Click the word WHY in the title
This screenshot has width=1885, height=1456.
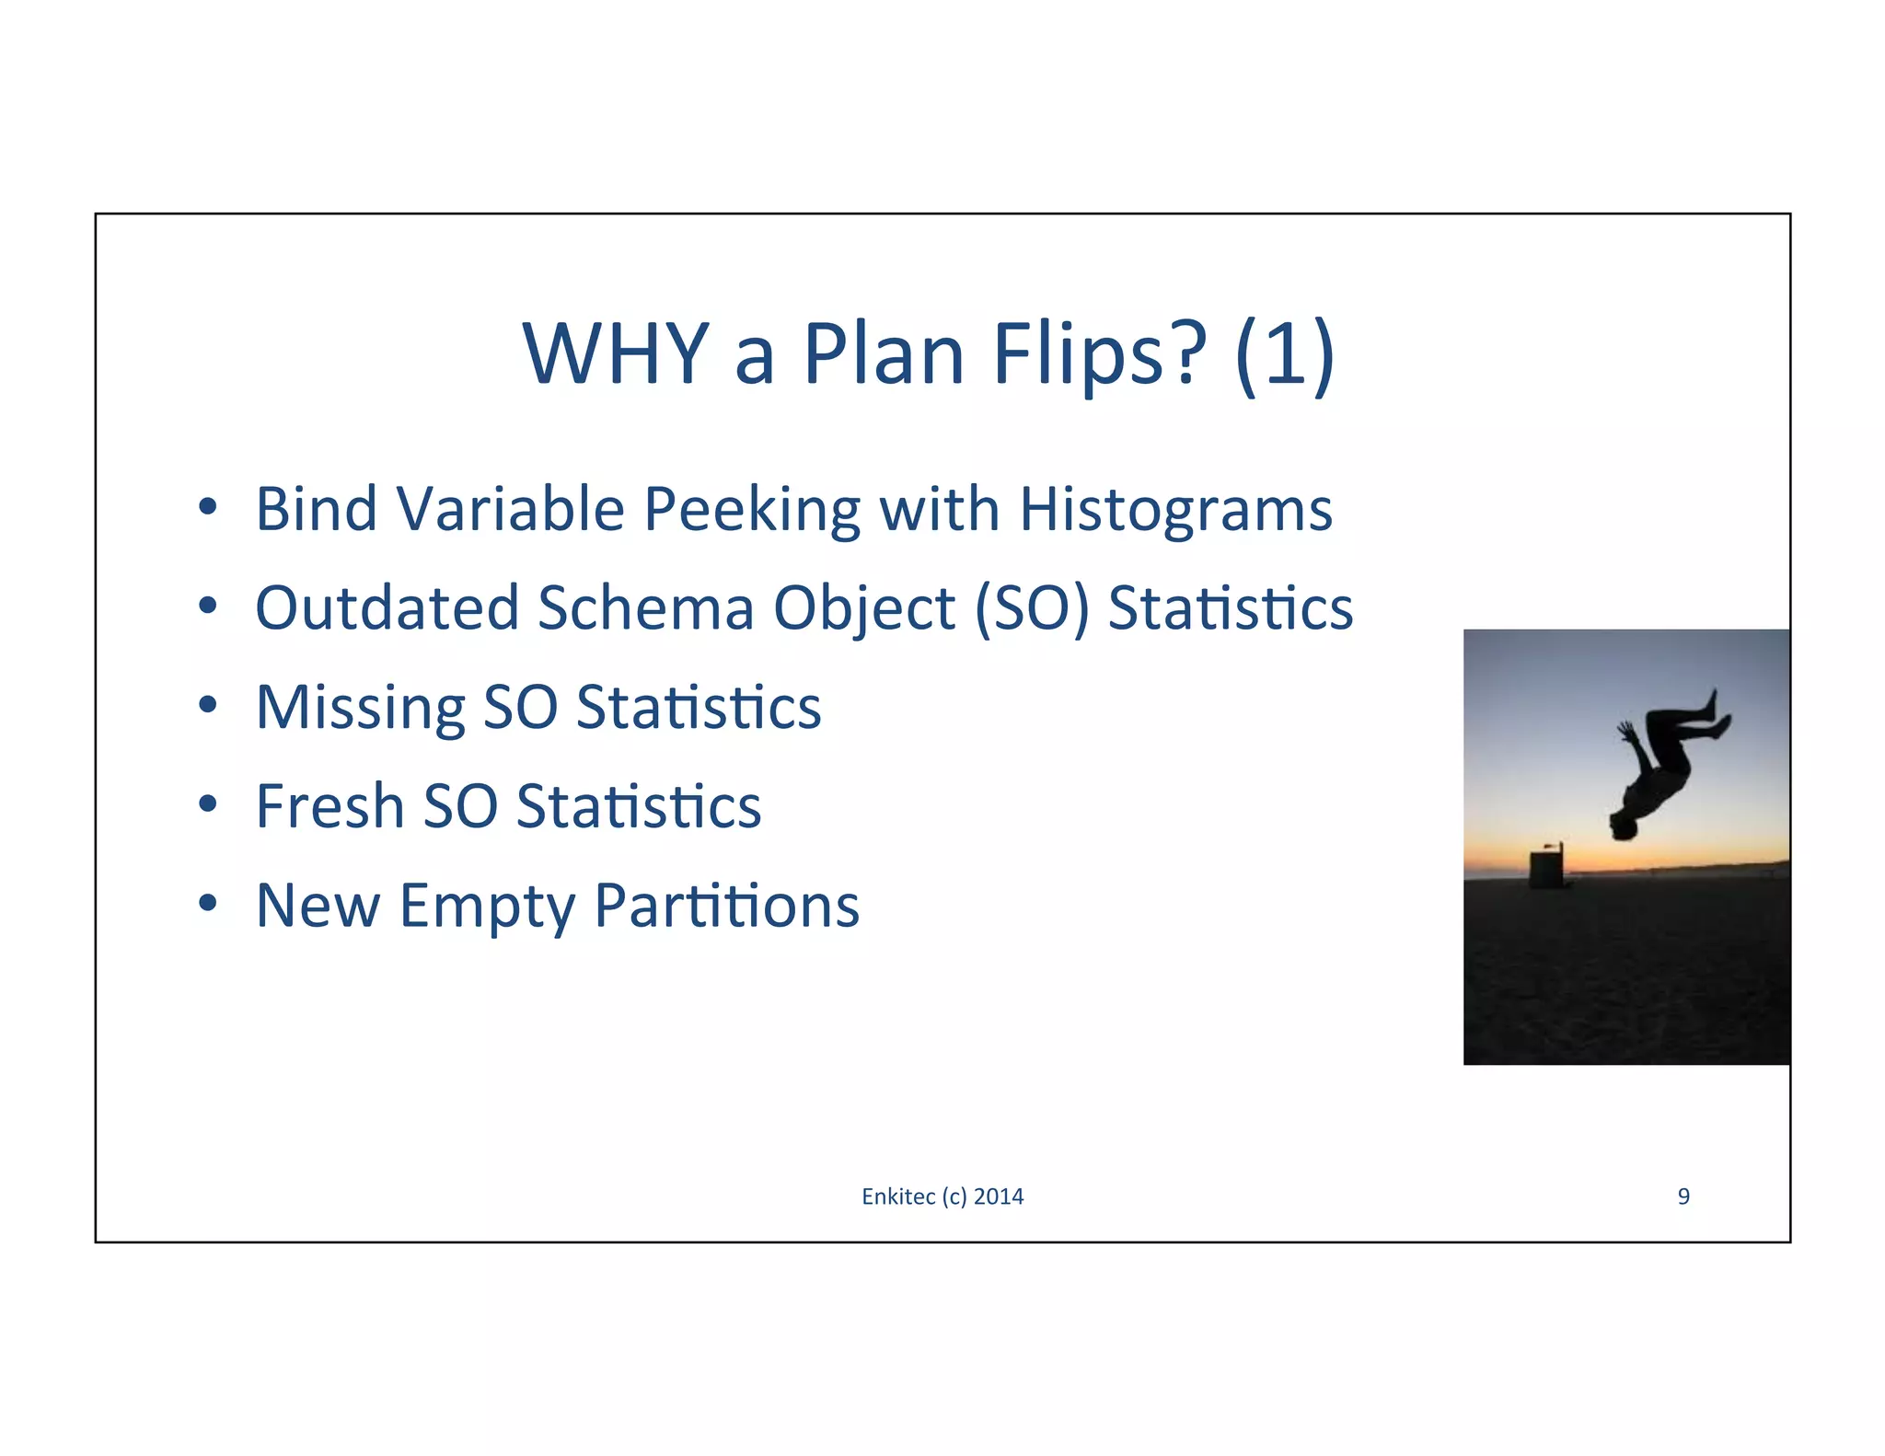click(x=615, y=354)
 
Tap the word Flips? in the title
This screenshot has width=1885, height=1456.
click(x=1100, y=354)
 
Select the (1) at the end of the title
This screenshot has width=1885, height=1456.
click(x=1285, y=354)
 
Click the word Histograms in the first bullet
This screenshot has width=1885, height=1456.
click(x=1175, y=509)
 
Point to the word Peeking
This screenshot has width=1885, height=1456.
click(x=751, y=509)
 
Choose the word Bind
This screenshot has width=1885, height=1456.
click(x=316, y=509)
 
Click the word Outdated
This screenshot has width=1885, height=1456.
click(x=387, y=608)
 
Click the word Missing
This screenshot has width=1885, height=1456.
click(x=360, y=708)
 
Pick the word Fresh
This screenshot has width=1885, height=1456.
click(x=329, y=806)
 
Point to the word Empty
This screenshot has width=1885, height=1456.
click(x=487, y=907)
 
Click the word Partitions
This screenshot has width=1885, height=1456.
click(x=727, y=906)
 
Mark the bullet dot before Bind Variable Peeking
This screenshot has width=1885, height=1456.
click(x=208, y=506)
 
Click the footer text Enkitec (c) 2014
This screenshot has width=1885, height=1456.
click(x=942, y=1196)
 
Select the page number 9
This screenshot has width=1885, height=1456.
click(x=1683, y=1196)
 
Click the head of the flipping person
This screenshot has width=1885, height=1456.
click(x=1623, y=826)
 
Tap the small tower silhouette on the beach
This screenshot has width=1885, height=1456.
click(x=1546, y=868)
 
